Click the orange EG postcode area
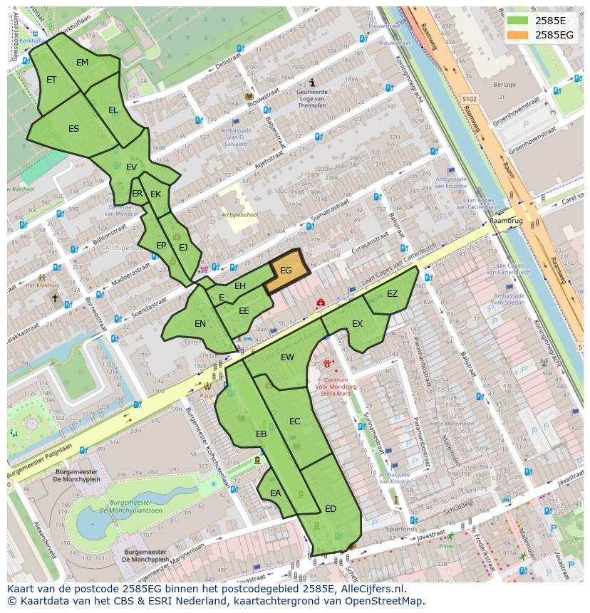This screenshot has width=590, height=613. tap(286, 271)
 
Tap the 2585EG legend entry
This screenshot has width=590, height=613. tap(554, 34)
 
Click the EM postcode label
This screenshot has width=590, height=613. tap(83, 63)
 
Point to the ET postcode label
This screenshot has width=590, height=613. tap(51, 80)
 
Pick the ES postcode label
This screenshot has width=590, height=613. tap(74, 129)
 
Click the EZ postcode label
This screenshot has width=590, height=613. tap(392, 294)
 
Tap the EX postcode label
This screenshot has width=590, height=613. tap(357, 324)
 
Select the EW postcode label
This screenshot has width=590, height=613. tap(287, 357)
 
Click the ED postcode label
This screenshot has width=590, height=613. tap(331, 509)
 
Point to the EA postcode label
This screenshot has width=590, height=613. tap(275, 493)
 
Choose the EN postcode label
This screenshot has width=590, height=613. tap(200, 324)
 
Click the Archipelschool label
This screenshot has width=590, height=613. tap(240, 214)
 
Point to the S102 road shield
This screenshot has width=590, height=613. tap(468, 99)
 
